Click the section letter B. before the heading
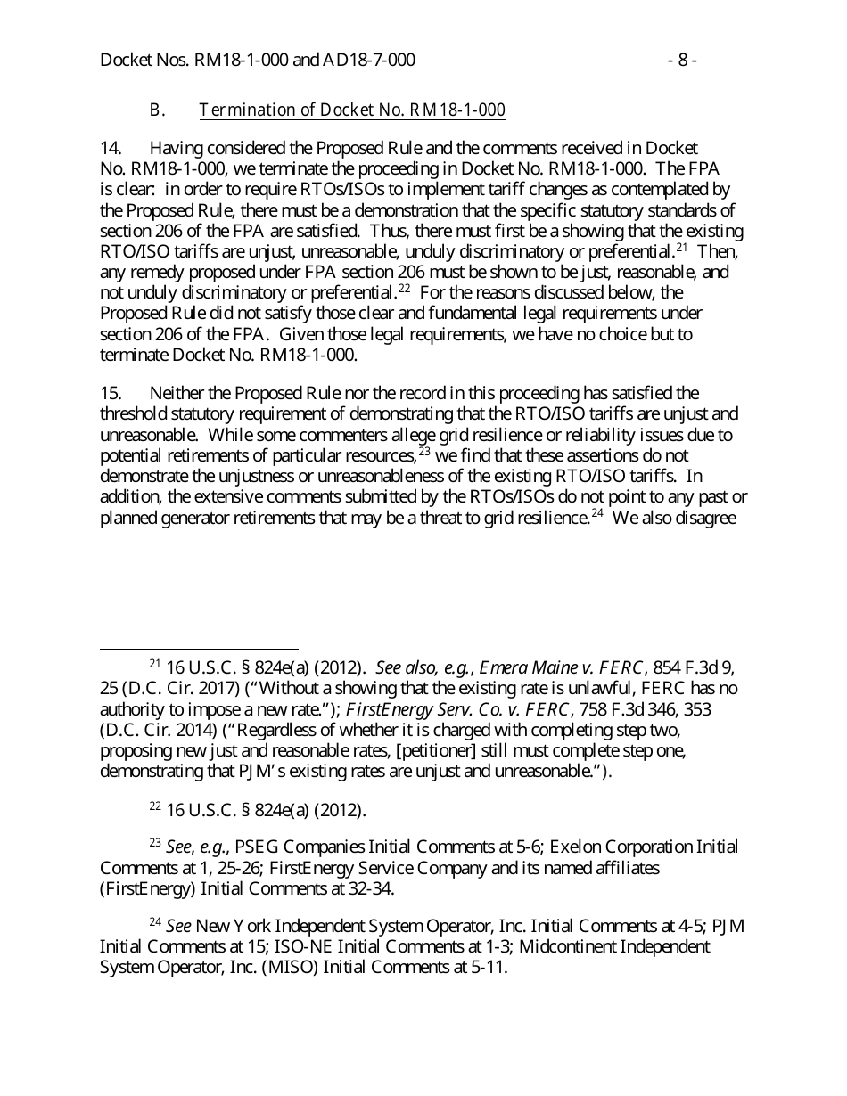157,110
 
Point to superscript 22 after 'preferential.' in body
403,290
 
